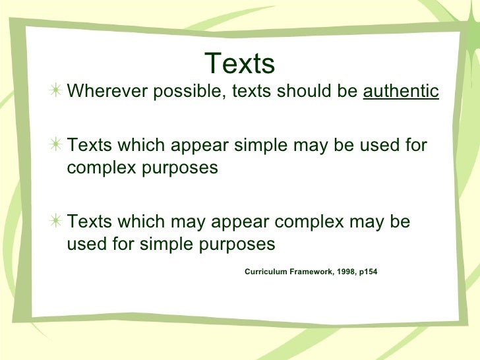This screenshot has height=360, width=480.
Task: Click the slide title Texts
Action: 239,64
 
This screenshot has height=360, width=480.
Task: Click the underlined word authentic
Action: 401,92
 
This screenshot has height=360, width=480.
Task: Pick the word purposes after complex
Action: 182,168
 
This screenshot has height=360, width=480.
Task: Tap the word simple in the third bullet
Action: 161,244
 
